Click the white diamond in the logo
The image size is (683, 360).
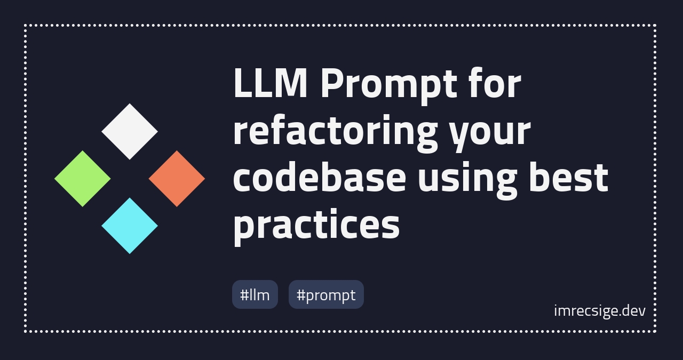[x=130, y=131]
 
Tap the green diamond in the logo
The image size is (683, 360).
[x=83, y=179]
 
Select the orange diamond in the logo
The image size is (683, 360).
[x=177, y=179]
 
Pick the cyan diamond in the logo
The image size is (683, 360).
[x=130, y=226]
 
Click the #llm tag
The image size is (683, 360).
[x=255, y=294]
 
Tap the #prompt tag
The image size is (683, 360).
[x=326, y=294]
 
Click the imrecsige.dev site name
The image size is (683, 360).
[x=599, y=310]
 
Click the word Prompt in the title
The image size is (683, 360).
[x=388, y=85]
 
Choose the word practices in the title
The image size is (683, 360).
[x=316, y=225]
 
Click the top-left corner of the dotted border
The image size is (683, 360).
[x=26, y=25]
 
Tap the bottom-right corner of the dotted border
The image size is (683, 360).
[x=655, y=331]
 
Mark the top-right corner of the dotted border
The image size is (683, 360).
[x=655, y=25]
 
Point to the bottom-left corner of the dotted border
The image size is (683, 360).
[x=26, y=331]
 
